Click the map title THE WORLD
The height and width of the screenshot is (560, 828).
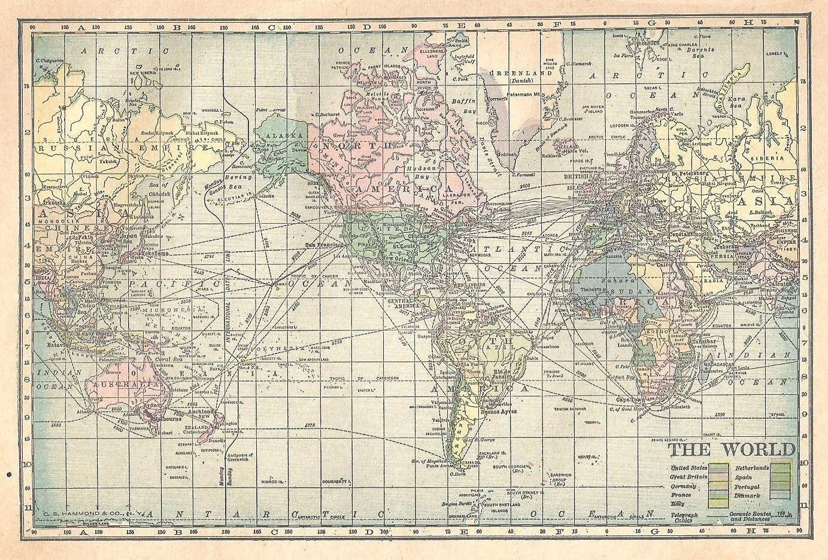click(x=723, y=449)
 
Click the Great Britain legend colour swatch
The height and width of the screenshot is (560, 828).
click(x=719, y=476)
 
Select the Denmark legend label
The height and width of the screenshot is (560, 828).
click(x=748, y=497)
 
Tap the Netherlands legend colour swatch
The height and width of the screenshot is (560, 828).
click(x=781, y=467)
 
